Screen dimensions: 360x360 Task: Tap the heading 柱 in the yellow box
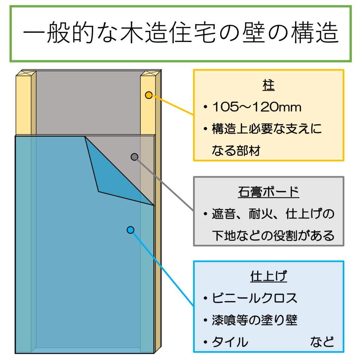coord(268,86)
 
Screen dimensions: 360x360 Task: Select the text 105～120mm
coord(257,108)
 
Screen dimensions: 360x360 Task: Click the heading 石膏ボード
coord(268,192)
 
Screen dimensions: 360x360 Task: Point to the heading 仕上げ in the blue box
coord(268,277)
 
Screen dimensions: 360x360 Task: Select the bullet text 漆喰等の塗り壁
coord(255,320)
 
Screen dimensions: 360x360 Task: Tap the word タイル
coord(230,342)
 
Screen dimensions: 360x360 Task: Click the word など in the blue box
coord(322,342)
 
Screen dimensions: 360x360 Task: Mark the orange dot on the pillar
coord(149,95)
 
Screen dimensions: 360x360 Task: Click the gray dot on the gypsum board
coord(134,157)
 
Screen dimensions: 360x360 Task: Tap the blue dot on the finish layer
coord(130,230)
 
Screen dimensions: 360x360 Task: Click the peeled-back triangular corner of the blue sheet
coord(112,176)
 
